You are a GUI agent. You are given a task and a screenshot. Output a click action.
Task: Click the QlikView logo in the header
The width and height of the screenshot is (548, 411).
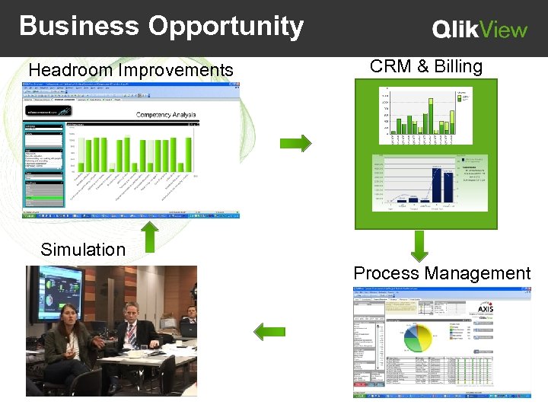pos(479,30)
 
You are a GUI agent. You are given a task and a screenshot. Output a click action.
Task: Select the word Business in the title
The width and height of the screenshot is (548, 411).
pos(80,26)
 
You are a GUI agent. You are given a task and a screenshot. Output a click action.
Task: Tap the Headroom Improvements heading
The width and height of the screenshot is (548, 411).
pos(131,71)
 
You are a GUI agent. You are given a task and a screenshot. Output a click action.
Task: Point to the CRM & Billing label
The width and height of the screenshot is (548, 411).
pos(426,66)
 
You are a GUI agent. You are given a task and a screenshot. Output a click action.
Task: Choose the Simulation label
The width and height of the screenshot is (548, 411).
pos(83,250)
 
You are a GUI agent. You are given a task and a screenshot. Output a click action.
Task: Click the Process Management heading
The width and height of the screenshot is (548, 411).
pos(441,273)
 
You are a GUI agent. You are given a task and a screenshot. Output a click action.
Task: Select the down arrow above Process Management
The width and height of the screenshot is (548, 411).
pos(418,246)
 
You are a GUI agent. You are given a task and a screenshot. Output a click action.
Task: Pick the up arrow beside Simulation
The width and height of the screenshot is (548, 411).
pos(151,235)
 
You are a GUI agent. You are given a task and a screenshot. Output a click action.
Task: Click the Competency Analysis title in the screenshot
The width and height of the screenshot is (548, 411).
pos(165,115)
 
